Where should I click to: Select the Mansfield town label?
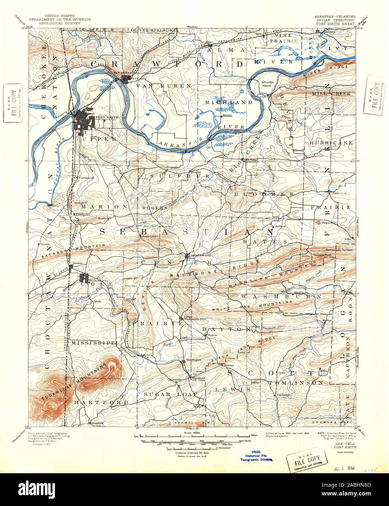[x=199, y=378]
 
